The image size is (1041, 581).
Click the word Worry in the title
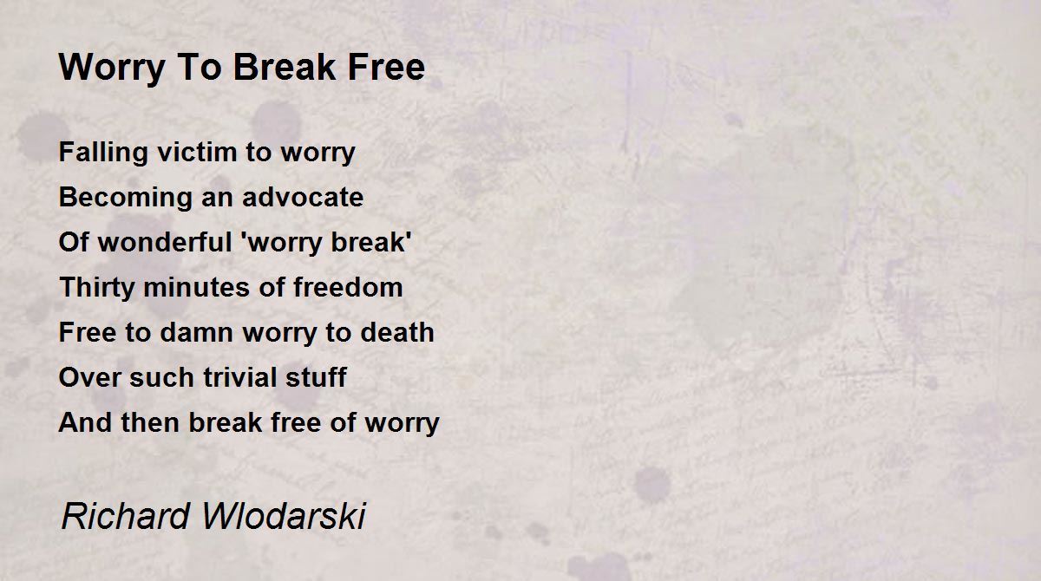point(112,69)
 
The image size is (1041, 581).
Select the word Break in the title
point(284,68)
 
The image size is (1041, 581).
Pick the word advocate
point(303,197)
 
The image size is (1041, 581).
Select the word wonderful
point(165,242)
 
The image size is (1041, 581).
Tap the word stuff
point(316,377)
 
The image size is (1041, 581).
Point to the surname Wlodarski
point(284,516)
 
